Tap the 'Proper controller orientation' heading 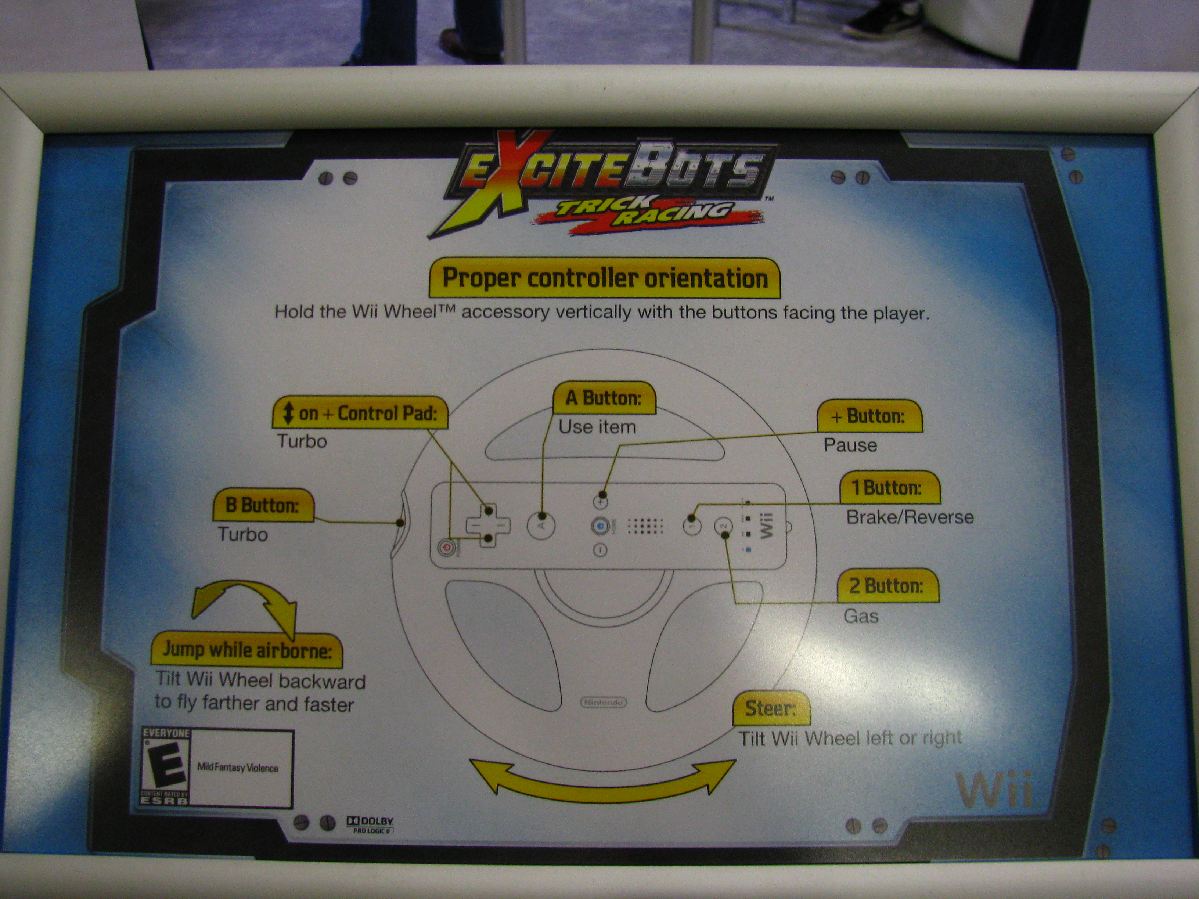(604, 278)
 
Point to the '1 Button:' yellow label (889, 487)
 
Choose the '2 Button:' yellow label (888, 585)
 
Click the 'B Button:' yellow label (262, 505)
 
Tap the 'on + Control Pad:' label (360, 413)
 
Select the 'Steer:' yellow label (771, 708)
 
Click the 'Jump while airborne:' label (246, 649)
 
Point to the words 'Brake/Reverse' (910, 517)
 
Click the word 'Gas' (861, 616)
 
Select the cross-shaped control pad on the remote (488, 525)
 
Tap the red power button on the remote (446, 547)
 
